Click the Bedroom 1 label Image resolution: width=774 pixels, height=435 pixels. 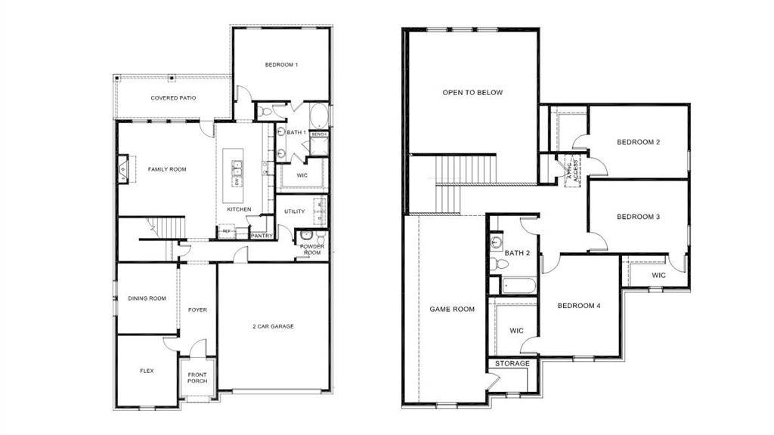click(x=281, y=65)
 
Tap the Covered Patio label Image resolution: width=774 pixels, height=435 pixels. click(x=174, y=98)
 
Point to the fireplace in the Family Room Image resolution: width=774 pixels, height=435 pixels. click(x=123, y=169)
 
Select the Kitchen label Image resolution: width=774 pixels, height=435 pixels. click(x=240, y=209)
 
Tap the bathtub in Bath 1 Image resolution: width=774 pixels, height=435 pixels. click(x=319, y=118)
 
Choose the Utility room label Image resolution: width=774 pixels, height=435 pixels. click(x=295, y=211)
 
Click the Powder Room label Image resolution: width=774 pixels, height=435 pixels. click(x=311, y=250)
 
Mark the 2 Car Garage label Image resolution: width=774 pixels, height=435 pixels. click(x=273, y=326)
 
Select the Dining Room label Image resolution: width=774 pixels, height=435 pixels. click(x=147, y=298)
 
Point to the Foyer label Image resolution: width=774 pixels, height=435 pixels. click(x=197, y=310)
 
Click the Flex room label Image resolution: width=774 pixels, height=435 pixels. click(x=147, y=371)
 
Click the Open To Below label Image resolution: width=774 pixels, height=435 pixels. click(x=472, y=93)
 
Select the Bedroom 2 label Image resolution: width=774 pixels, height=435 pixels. click(x=639, y=142)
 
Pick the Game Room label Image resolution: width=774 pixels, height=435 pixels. click(x=452, y=309)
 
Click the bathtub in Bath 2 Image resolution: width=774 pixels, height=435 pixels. click(x=519, y=287)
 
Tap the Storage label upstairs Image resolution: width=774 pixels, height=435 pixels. click(x=512, y=363)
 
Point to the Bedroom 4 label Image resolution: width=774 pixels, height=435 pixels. click(x=579, y=306)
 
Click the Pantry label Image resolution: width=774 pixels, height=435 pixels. click(x=262, y=236)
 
